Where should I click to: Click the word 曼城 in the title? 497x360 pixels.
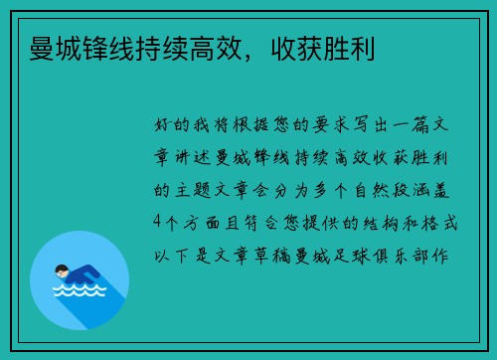click(x=56, y=47)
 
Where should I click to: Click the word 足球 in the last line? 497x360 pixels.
click(x=358, y=252)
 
